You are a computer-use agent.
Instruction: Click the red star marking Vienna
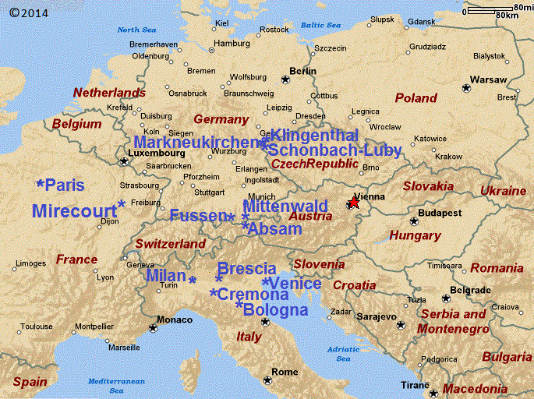(353, 203)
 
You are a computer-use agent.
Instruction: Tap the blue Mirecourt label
(75, 210)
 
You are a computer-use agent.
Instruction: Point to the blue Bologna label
(275, 310)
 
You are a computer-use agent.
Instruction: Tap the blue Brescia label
(247, 269)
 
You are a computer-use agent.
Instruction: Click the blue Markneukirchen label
(196, 142)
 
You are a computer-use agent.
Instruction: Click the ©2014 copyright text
(28, 13)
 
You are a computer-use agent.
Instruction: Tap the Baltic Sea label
(321, 26)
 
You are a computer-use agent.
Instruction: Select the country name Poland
(416, 98)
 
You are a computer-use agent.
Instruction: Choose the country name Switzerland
(170, 244)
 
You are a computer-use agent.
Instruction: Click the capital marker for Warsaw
(466, 88)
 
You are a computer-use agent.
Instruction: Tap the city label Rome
(285, 372)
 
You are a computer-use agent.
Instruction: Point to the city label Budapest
(440, 213)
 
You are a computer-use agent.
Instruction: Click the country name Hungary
(415, 235)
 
